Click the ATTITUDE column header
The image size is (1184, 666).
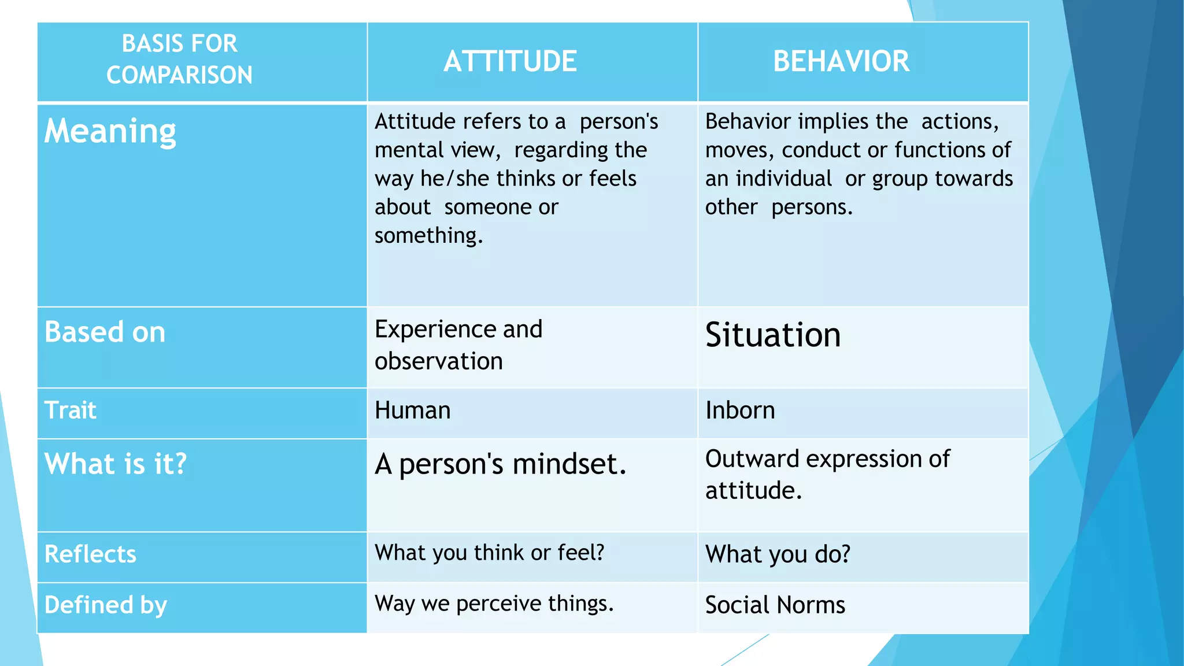510,61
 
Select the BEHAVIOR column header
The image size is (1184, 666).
841,61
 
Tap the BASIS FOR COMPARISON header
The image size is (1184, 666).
179,59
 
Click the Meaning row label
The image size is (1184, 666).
110,132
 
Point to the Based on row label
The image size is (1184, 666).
105,332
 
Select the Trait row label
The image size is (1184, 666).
71,410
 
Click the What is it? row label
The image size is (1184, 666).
116,464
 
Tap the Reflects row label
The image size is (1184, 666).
90,554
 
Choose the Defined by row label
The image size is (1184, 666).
105,605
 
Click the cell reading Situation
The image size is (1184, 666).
773,335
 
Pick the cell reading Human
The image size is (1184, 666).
412,410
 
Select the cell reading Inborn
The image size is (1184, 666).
740,410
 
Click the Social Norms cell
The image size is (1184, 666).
775,605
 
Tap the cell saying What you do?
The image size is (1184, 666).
778,554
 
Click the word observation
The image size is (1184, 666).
438,361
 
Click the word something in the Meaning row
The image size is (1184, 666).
428,236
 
